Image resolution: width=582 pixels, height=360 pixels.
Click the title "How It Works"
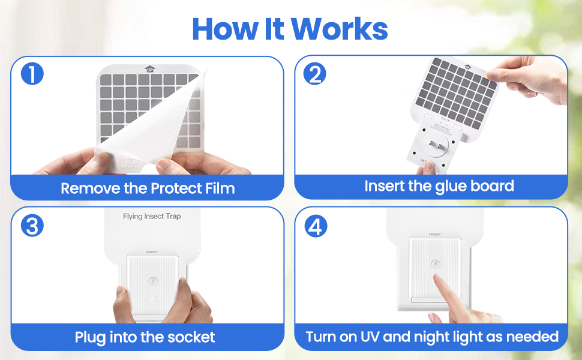(290, 28)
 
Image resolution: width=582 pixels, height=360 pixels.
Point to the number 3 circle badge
(32, 226)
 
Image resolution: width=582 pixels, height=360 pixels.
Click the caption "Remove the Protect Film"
(148, 188)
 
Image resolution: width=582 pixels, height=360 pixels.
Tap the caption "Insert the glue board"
(439, 186)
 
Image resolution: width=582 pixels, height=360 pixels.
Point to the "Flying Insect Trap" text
(152, 216)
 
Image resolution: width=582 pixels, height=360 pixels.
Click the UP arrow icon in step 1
(149, 69)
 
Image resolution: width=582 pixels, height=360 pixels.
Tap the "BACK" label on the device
(445, 119)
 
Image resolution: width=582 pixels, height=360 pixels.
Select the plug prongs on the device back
(436, 145)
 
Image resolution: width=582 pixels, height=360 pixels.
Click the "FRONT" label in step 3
(152, 252)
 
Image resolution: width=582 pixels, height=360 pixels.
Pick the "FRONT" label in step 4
(435, 234)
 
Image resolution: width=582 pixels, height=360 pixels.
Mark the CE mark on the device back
(422, 161)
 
